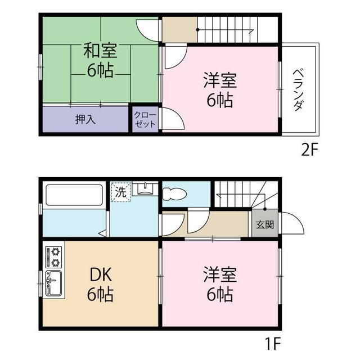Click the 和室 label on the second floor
pyautogui.click(x=100, y=51)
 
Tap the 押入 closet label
pyautogui.click(x=85, y=119)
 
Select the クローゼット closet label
pyautogui.click(x=145, y=120)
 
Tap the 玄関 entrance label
pyautogui.click(x=265, y=225)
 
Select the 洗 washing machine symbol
pyautogui.click(x=120, y=191)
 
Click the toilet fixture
pyautogui.click(x=174, y=195)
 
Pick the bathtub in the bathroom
pyautogui.click(x=74, y=195)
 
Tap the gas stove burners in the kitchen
pyautogui.click(x=56, y=256)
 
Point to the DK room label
pyautogui.click(x=100, y=276)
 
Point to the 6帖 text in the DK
pyautogui.click(x=100, y=294)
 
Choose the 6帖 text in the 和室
pyautogui.click(x=100, y=70)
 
